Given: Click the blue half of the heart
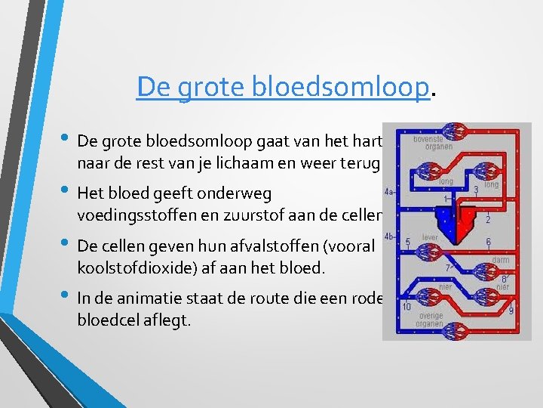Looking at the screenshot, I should [450, 219].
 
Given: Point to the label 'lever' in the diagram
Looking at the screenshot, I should [429, 236].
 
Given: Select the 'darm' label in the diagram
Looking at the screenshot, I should [499, 260].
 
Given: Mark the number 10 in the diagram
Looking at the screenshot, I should [406, 307].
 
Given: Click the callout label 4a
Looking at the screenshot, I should [389, 193].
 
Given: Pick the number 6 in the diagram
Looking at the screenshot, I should [488, 242].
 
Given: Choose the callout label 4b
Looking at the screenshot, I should [389, 236].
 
